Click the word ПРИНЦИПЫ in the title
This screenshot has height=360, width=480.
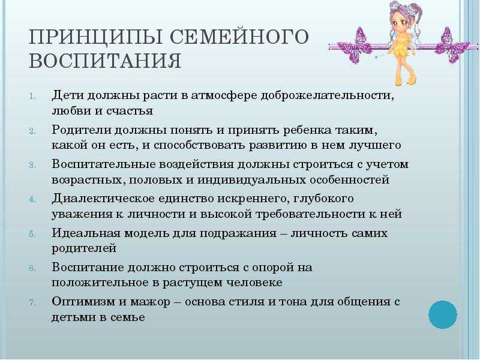click(x=95, y=37)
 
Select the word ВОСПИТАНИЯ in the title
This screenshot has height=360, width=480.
click(x=105, y=61)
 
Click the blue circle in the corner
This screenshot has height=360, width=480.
click(x=442, y=314)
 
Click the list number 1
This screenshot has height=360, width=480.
click(x=33, y=96)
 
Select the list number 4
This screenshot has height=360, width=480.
click(x=33, y=199)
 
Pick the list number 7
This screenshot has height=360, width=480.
click(x=33, y=302)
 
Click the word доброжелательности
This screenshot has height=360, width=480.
click(x=327, y=95)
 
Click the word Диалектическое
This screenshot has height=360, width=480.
click(x=103, y=199)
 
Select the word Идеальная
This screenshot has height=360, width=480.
click(x=86, y=233)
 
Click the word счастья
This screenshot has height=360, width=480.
click(x=130, y=111)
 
